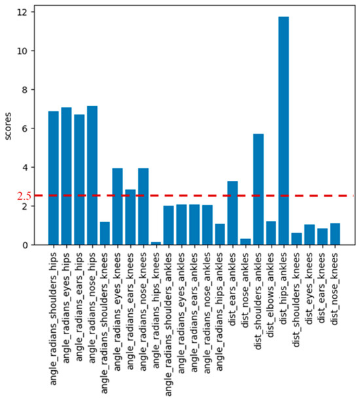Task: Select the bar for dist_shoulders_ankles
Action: click(258, 189)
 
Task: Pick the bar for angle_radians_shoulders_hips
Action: click(54, 178)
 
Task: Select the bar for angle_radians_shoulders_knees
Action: click(105, 233)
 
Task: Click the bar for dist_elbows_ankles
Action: click(271, 233)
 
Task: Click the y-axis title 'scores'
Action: click(7, 124)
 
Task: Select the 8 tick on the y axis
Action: click(24, 90)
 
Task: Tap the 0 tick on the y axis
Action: click(24, 245)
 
